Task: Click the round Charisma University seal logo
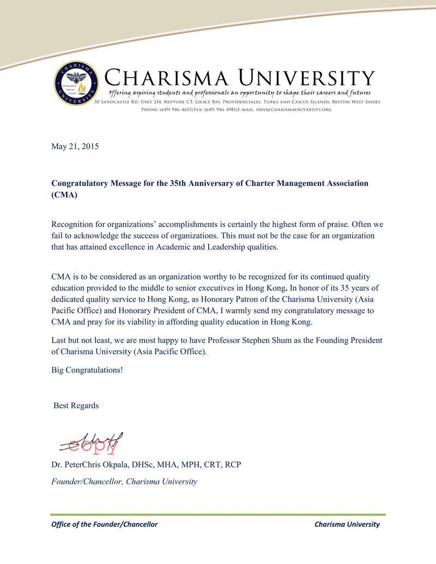tap(76, 83)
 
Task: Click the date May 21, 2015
tap(75, 147)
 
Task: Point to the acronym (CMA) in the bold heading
tap(64, 195)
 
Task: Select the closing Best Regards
tap(76, 406)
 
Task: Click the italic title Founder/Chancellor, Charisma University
tap(124, 482)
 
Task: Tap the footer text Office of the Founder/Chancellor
tap(104, 524)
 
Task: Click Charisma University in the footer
tap(347, 524)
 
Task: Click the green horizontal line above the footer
tap(218, 514)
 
